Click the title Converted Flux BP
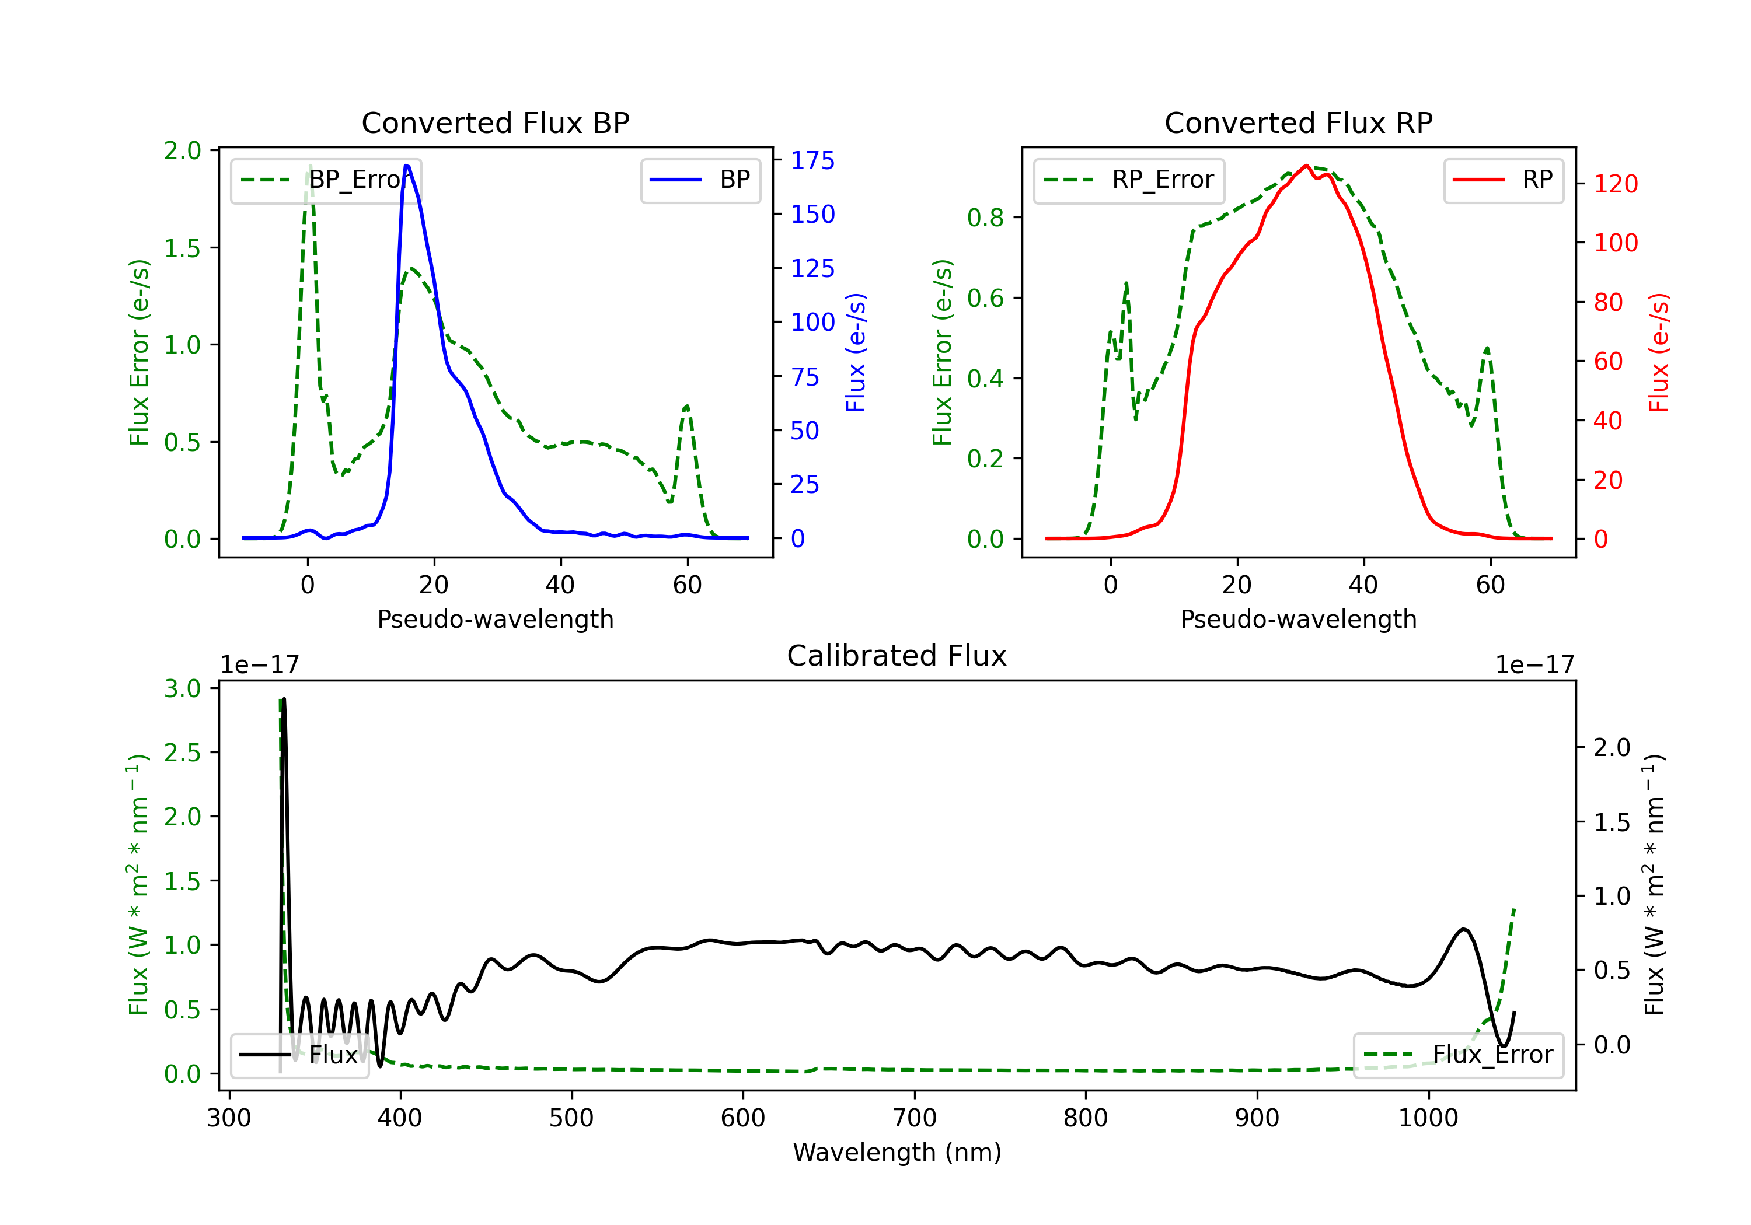click(x=495, y=123)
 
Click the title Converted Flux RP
click(x=1298, y=123)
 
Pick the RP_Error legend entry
click(x=1129, y=180)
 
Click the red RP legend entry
click(x=1503, y=180)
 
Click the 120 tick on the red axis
click(x=1615, y=184)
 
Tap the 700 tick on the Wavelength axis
click(x=915, y=1118)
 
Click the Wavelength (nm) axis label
click(x=897, y=1152)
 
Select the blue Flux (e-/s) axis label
click(x=856, y=352)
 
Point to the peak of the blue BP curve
click(x=406, y=166)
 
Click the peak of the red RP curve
click(x=1306, y=166)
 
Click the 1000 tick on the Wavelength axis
click(x=1428, y=1118)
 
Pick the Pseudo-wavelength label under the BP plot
click(x=495, y=619)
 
